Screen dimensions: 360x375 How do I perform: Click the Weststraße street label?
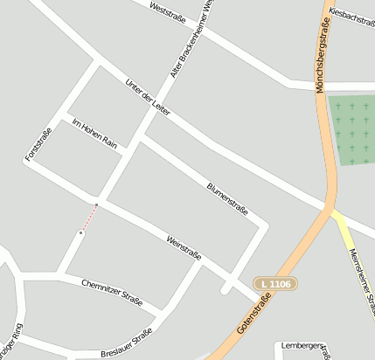170,11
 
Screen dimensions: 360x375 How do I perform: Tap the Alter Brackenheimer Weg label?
193,38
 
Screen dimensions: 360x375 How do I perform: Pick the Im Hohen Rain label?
94,131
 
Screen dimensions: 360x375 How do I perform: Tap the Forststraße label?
38,144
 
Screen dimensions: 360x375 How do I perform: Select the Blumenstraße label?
227,199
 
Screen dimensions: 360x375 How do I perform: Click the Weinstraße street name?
184,247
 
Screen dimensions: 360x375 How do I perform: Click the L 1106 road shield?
276,284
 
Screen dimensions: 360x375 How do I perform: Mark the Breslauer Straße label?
127,343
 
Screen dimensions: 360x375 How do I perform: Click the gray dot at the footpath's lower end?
80,232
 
